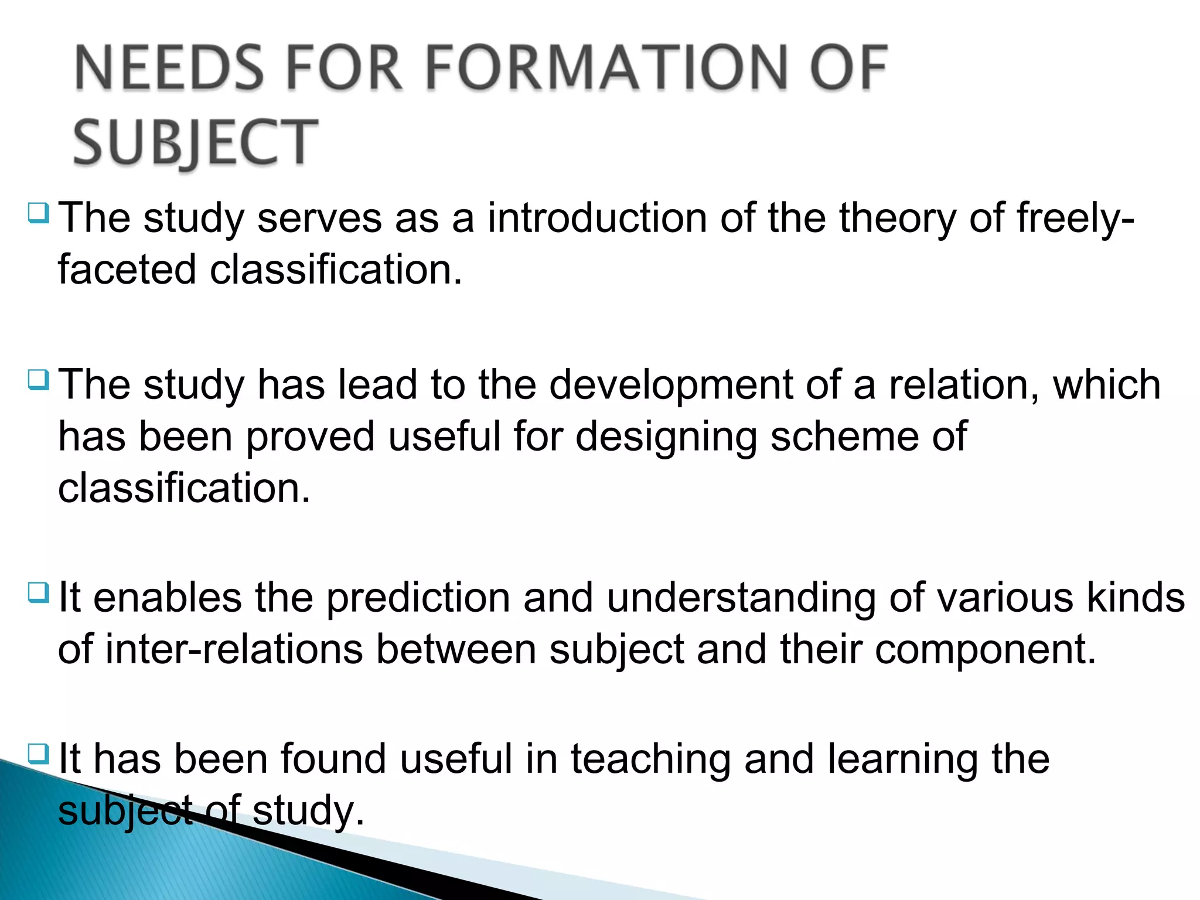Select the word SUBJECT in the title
195,142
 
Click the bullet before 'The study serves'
39,212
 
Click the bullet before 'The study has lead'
39,379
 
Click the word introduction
597,218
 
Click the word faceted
127,270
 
